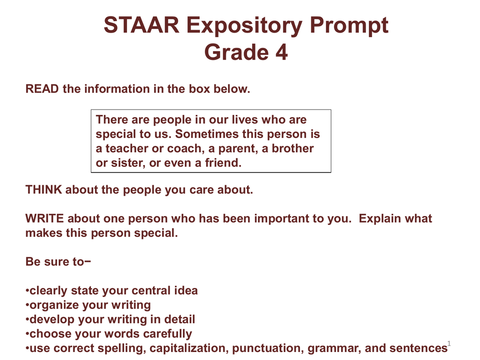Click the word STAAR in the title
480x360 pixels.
[x=142, y=25]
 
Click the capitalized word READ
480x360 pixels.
[x=42, y=89]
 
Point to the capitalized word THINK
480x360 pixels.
[x=44, y=189]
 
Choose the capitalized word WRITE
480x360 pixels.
[x=45, y=218]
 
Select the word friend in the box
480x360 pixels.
[x=223, y=163]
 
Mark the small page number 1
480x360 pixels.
[x=449, y=343]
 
